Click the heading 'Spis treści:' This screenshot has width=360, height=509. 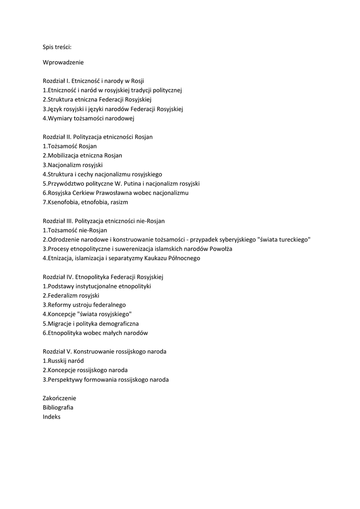(57, 47)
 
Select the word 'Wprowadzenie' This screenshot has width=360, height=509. (63, 63)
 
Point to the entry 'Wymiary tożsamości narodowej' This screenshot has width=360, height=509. (89, 118)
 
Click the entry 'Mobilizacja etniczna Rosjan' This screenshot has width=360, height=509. (82, 156)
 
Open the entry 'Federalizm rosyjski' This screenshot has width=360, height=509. (71, 295)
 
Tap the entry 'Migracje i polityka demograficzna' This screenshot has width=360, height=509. (90, 324)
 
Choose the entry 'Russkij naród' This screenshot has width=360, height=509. (63, 361)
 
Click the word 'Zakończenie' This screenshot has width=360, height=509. (60, 398)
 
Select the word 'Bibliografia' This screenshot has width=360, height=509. (58, 408)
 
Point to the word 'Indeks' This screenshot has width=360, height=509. (52, 417)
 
